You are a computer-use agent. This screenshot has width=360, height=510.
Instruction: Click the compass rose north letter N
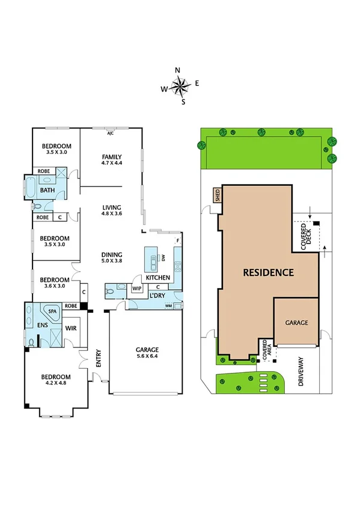[177, 70]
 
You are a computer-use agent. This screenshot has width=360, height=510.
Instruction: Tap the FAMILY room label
[111, 159]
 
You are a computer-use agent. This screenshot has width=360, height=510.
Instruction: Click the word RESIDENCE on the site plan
[268, 272]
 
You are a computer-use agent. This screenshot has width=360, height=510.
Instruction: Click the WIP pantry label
[136, 289]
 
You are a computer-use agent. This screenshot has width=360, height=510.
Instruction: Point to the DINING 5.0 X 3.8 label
[112, 257]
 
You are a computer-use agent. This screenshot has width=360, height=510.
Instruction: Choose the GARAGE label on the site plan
[296, 322]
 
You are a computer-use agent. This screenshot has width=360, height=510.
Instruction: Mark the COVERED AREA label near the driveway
[265, 350]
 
